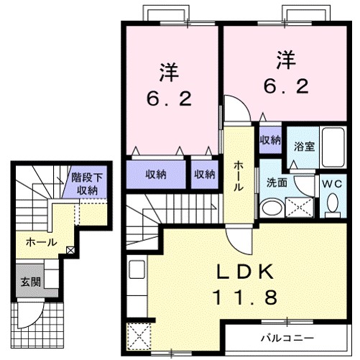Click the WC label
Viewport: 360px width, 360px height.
(x=331, y=183)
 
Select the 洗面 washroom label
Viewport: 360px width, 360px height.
(x=277, y=183)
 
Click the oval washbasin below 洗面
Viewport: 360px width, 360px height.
(x=271, y=208)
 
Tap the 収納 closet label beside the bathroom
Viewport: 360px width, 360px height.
(x=270, y=139)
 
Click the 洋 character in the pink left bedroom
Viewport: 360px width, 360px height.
(x=170, y=72)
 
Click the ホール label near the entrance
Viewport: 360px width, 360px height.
(x=41, y=243)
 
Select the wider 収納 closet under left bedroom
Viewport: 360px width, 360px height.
(x=157, y=173)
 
